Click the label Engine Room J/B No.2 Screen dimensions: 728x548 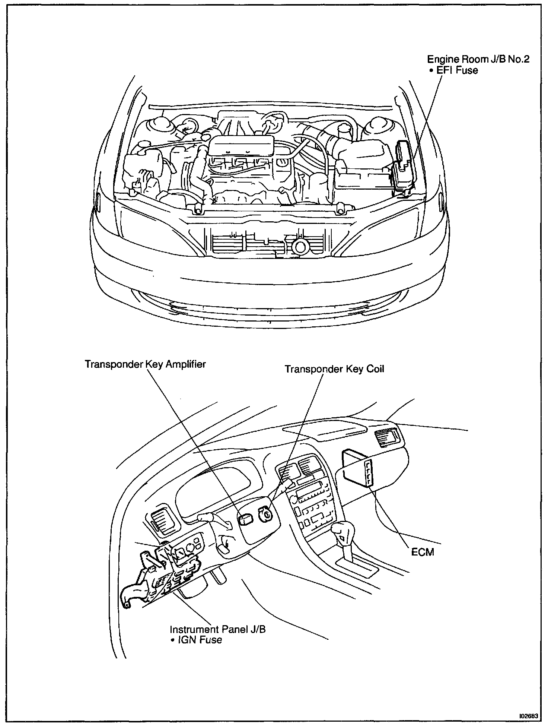pos(478,59)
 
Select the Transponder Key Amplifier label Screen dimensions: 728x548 pos(145,364)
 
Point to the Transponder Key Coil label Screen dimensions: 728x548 pos(334,369)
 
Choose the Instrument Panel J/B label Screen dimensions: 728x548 pos(218,629)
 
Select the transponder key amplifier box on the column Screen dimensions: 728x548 pos(245,519)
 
